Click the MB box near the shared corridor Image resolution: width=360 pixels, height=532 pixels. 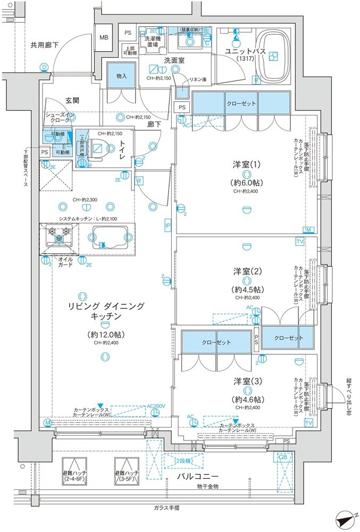(104, 38)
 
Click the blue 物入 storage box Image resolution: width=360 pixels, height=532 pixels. (121, 76)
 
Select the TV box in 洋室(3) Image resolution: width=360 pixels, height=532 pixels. (309, 422)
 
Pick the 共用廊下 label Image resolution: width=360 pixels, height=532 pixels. (44, 45)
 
